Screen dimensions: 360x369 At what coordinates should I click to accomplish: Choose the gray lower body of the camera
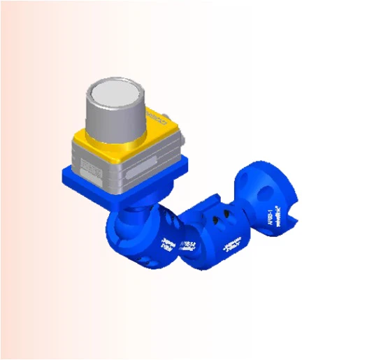133,171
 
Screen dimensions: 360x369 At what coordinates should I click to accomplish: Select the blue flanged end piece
269,199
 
